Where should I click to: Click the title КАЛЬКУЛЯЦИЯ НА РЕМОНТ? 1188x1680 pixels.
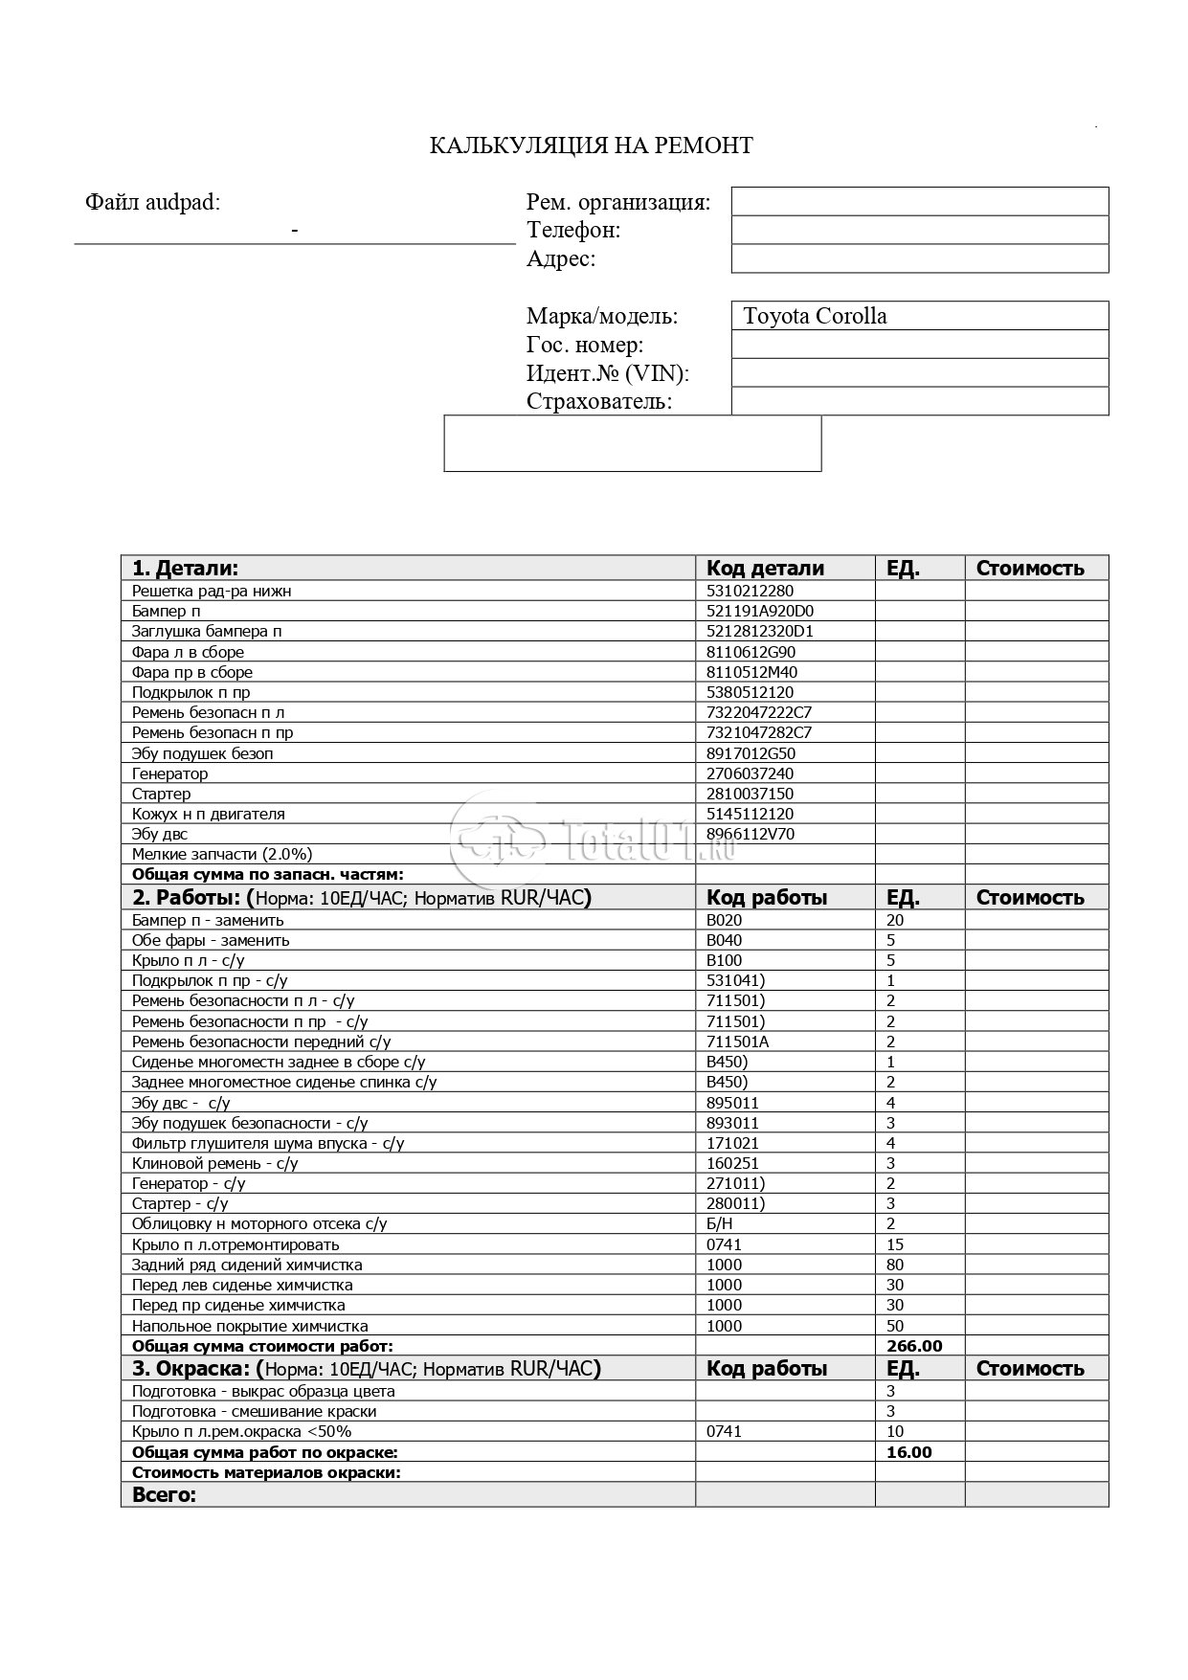tap(591, 146)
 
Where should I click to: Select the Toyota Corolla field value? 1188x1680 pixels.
tap(815, 316)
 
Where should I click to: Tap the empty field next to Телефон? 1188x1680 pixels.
tap(919, 230)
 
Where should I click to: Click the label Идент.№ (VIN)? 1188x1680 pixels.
tap(607, 373)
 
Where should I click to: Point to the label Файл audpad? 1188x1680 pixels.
tap(152, 202)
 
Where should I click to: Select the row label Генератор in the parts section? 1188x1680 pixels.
tap(169, 773)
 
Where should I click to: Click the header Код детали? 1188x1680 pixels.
tap(765, 568)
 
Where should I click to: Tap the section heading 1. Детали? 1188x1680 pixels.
tap(185, 568)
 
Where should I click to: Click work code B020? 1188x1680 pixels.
tap(724, 920)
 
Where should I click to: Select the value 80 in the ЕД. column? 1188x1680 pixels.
tap(895, 1265)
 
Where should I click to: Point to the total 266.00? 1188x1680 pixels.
tap(914, 1346)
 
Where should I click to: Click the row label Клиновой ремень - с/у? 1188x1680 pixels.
tap(214, 1163)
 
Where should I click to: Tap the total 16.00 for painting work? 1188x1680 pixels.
tap(909, 1452)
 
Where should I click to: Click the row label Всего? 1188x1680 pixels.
tap(164, 1494)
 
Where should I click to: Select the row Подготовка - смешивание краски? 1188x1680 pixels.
tap(254, 1411)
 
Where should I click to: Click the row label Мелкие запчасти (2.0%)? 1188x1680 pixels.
tap(222, 854)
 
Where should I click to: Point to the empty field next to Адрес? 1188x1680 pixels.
tap(919, 258)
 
